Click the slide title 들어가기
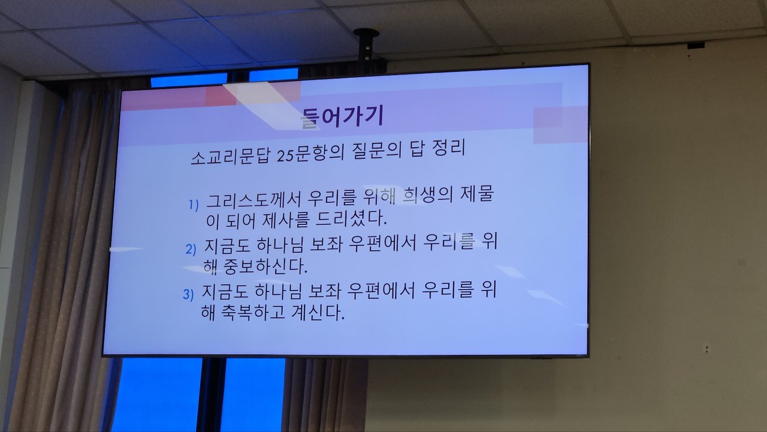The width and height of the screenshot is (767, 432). pos(342,116)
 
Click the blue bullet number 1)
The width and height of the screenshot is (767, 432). pos(194,205)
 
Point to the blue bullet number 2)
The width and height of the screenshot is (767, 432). pos(191,249)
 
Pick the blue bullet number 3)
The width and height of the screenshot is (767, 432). pos(188,294)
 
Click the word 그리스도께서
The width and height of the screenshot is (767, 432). pos(253,200)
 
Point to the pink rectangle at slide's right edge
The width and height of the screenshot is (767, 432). pos(560,125)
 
